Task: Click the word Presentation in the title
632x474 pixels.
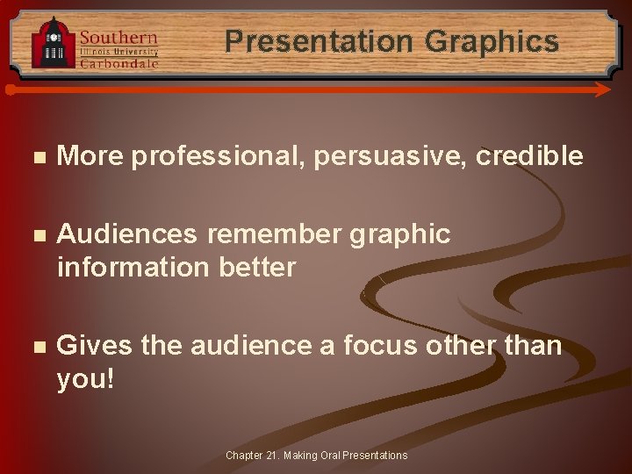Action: pyautogui.click(x=319, y=41)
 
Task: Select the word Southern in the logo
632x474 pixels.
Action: pyautogui.click(x=118, y=37)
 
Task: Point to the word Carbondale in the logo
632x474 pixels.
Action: pyautogui.click(x=119, y=63)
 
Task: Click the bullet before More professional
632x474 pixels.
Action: pyautogui.click(x=35, y=157)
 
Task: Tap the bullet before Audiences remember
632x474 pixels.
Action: pyautogui.click(x=35, y=235)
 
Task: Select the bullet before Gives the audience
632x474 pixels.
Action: pyautogui.click(x=35, y=347)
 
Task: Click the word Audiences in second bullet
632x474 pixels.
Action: pyautogui.click(x=127, y=234)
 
